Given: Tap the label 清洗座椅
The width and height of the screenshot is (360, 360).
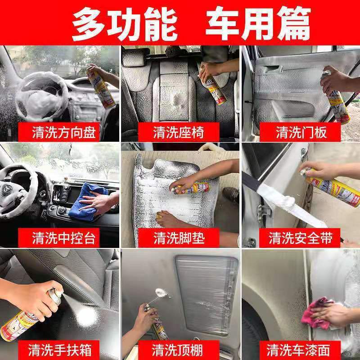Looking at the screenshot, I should pyautogui.click(x=179, y=133).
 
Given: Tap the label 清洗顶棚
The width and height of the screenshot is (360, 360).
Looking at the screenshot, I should pyautogui.click(x=179, y=349).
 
